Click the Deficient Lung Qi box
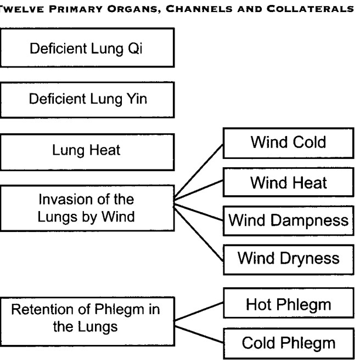tap(87, 48)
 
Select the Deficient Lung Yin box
tap(87, 100)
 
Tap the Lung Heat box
tap(87, 152)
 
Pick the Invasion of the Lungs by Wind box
tap(87, 208)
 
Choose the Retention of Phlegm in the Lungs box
tap(87, 321)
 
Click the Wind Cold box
tap(289, 143)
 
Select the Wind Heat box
tap(289, 183)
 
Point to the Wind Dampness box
tap(289, 220)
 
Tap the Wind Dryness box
tap(289, 260)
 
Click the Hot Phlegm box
tap(289, 303)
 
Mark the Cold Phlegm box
tap(289, 343)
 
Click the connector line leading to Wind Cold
tap(199, 171)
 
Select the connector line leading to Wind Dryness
tap(199, 234)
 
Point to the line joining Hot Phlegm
tap(199, 311)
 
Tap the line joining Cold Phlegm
tap(199, 334)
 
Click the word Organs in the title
tap(134, 9)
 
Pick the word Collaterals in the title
tap(310, 9)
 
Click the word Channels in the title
tap(199, 9)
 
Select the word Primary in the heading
tap(76, 9)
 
